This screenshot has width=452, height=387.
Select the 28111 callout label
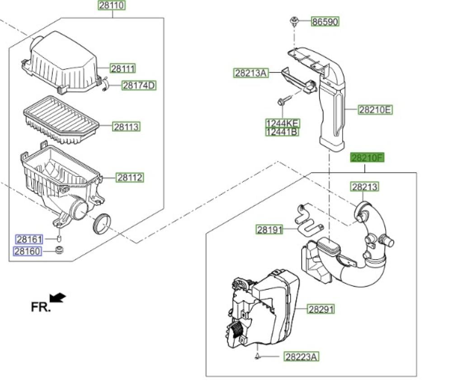tap(123, 68)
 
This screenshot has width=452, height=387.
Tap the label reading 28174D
tap(138, 86)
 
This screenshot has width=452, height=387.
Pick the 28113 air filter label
tap(127, 127)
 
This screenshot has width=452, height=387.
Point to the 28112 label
tap(130, 177)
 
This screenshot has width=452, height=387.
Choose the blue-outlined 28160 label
tap(28, 251)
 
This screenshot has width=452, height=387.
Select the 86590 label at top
tap(325, 21)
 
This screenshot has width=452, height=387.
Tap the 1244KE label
tap(282, 123)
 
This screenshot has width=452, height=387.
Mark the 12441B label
tap(282, 132)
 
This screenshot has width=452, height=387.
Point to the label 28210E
tap(376, 109)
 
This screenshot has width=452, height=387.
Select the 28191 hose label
tap(269, 229)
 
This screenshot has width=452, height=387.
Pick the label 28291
tap(321, 310)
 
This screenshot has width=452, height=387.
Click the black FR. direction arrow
tap(58, 298)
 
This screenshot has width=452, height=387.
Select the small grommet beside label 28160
tap(58, 250)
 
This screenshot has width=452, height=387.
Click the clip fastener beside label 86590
tap(295, 21)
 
